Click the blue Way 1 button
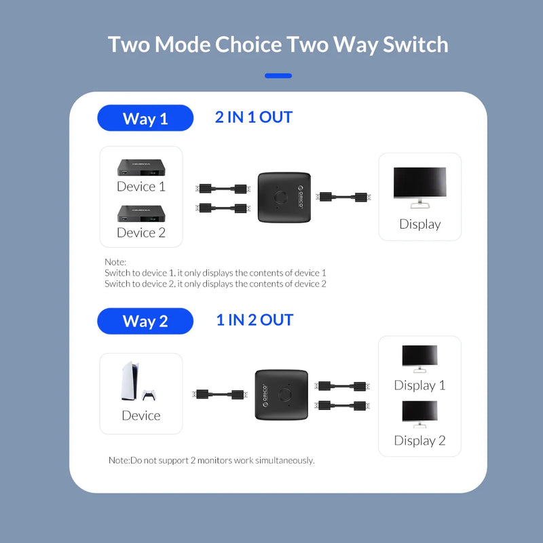click(x=145, y=118)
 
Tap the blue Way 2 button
click(x=145, y=320)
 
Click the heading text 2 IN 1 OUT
click(x=253, y=117)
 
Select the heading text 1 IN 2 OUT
click(x=255, y=320)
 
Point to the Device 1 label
click(x=141, y=187)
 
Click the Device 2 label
click(x=141, y=233)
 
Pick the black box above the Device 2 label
click(x=141, y=213)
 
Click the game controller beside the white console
click(x=148, y=395)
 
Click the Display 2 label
click(x=419, y=441)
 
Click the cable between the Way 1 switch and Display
click(x=344, y=197)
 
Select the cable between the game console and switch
click(x=219, y=394)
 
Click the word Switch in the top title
click(x=415, y=45)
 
